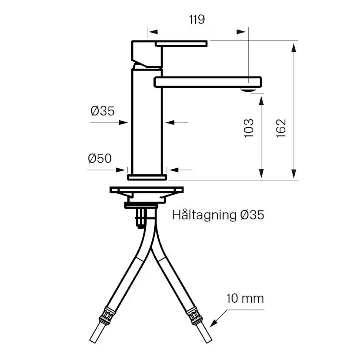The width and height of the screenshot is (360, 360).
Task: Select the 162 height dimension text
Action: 281,128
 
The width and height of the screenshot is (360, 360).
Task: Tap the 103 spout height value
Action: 249,128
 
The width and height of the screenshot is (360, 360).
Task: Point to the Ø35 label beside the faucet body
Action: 103,111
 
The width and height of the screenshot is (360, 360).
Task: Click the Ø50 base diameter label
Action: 100,159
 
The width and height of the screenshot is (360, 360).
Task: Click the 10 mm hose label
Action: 245,299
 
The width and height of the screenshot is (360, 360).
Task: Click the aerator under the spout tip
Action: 247,90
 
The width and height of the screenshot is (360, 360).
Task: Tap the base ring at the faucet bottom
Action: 147,177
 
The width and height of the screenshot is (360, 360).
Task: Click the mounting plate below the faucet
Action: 147,190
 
